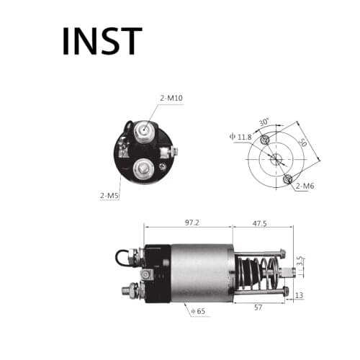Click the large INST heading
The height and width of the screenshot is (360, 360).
102,41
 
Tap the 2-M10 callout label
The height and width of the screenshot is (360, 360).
171,99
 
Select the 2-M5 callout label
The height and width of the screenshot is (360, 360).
109,195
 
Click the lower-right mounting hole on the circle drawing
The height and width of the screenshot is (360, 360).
288,178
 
